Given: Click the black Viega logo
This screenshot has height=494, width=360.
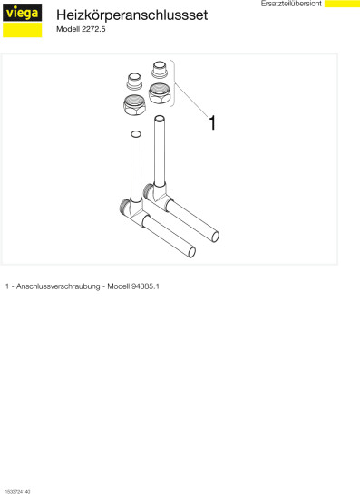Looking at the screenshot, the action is [23, 13].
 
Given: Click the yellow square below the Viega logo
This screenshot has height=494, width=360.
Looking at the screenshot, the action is [23, 30].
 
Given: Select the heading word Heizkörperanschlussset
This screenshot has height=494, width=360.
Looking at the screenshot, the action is [131, 15].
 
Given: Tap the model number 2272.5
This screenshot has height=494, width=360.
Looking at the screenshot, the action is [93, 29].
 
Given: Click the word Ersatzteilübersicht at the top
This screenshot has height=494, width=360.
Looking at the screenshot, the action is [291, 4].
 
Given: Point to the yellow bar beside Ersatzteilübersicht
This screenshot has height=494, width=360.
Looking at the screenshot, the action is [342, 4].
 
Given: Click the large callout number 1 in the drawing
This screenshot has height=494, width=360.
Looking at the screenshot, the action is [213, 122].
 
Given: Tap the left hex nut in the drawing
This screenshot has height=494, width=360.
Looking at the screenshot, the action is [134, 105].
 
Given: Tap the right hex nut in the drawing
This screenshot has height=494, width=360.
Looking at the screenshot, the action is [159, 93].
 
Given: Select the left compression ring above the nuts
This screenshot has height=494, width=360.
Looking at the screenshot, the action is [134, 82].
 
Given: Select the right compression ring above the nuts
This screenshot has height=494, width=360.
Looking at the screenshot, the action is [160, 69].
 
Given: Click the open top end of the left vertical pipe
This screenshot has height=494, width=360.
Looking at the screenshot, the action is [136, 134].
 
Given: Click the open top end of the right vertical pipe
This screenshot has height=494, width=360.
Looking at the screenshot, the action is [160, 119].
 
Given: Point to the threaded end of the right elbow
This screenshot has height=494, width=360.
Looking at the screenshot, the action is [148, 191].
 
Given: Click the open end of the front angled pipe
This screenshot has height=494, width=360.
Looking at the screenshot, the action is [191, 252].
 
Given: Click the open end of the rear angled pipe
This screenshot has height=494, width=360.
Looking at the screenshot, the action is [215, 237].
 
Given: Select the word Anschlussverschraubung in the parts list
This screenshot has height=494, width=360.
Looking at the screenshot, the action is [58, 286].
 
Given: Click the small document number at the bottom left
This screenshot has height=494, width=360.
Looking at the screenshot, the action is [17, 491].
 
